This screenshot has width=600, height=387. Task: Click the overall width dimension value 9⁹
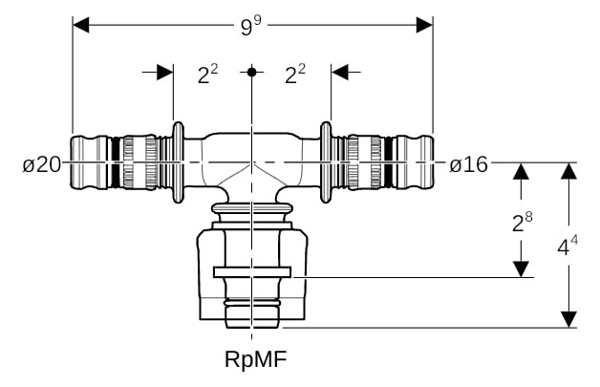coord(250,26)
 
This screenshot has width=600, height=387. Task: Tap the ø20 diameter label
coord(42,165)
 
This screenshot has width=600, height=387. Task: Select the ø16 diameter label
coord(469,165)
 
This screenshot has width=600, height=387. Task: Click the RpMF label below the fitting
coord(256,359)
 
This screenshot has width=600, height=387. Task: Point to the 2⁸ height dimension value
coord(523,223)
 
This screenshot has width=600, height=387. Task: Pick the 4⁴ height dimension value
coord(568,246)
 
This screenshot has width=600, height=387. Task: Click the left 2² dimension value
coord(207,74)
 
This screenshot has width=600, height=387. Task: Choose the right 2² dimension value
coord(295,74)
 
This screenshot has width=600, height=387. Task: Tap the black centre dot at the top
coord(251,72)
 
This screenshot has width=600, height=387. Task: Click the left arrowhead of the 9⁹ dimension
coord(81,25)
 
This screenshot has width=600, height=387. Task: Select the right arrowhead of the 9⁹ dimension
coord(425,25)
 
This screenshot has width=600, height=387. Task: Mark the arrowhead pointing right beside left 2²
coord(165,72)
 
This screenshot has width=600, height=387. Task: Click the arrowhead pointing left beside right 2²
coord(340,72)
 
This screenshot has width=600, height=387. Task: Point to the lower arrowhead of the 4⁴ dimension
coord(569,319)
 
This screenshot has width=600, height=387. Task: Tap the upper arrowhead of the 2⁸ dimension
coord(521,171)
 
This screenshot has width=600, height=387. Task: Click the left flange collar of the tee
coord(179,162)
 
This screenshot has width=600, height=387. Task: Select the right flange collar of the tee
coord(326,162)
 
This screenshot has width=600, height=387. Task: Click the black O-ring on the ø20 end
coord(115,162)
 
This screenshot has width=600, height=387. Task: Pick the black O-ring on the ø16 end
coord(388,162)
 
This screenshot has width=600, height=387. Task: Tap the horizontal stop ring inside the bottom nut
coord(252,272)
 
